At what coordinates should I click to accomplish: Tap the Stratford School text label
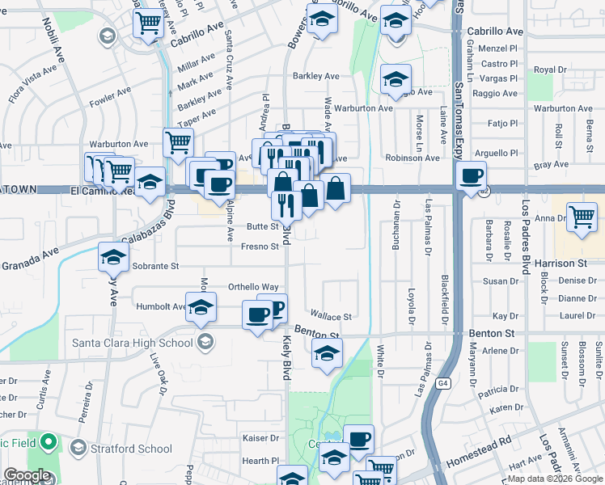coord(131,449)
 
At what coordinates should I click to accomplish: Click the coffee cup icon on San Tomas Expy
coord(471,175)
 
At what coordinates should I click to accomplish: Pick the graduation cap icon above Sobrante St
coord(113,257)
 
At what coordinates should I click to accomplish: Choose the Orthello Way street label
coord(253,287)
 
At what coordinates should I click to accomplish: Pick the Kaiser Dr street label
coord(260,438)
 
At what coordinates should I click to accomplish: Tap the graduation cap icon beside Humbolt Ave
coord(201,307)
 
